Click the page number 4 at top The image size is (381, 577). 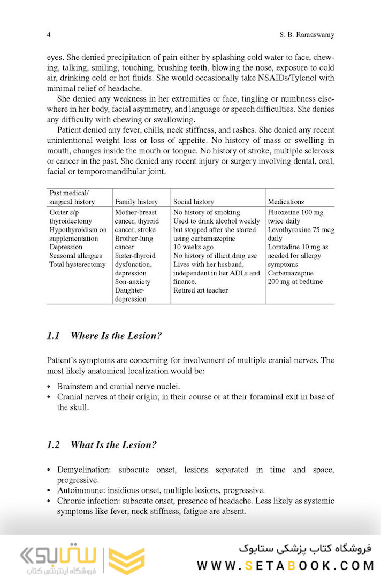pos(49,35)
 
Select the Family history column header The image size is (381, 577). pos(136,202)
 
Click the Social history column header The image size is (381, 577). pos(193,202)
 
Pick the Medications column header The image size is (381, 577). pos(286,202)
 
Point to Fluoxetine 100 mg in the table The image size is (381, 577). pos(295,212)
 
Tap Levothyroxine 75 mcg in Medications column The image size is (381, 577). pos(301,230)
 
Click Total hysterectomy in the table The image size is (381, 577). pos(77,265)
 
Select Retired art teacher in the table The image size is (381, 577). pos(201,290)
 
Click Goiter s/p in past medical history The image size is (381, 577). pos(65,212)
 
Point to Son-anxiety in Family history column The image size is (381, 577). pos(133,282)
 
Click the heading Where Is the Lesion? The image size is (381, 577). pos(116,336)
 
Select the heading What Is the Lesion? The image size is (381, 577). pos(113,445)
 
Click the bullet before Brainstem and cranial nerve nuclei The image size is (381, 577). pos(49,387)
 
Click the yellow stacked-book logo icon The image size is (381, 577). pos(126,560)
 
